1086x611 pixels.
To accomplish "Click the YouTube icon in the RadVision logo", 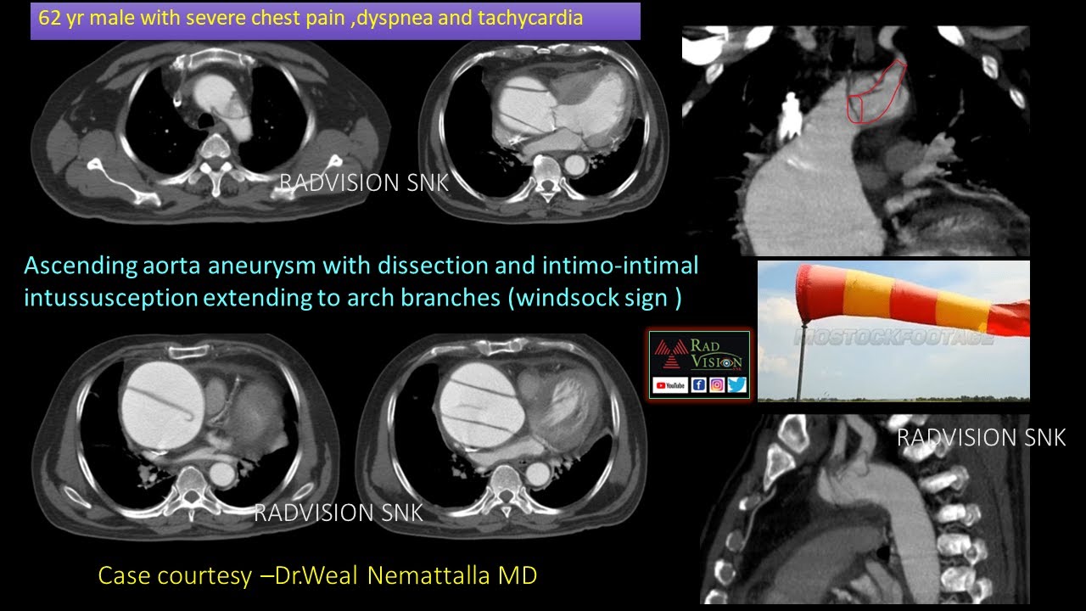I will click(669, 385).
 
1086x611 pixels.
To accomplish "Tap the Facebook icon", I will click(699, 385).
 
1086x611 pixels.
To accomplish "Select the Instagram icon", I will click(717, 385).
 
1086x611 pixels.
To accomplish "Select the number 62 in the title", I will click(49, 18).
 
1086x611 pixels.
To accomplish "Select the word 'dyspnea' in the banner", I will click(398, 18).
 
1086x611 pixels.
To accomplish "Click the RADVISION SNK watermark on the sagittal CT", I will click(981, 438).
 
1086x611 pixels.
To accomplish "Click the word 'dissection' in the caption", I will click(429, 266).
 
